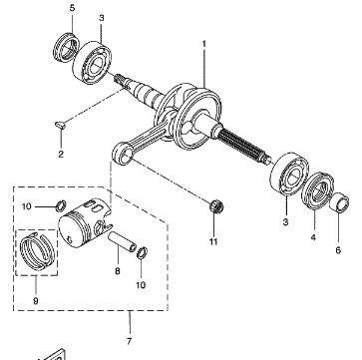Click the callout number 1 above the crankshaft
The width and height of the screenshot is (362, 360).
coord(204,44)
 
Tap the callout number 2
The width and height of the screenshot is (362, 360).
coord(61,155)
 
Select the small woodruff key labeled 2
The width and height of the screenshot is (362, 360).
coord(60,125)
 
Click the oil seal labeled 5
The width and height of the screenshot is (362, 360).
coord(67,47)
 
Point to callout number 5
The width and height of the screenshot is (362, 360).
coord(73,9)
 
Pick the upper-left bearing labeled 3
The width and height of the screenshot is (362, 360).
coord(92,62)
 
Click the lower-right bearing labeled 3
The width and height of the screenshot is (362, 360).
coord(289,175)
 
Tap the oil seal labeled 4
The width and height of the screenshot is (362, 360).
coord(317,191)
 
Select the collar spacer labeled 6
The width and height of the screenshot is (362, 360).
coord(339,203)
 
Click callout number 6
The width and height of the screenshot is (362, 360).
coord(338,250)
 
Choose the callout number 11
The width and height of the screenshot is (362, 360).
coord(213,241)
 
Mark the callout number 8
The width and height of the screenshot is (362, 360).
coord(118,271)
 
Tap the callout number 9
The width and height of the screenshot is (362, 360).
coord(36,301)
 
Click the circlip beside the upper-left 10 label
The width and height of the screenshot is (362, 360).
coord(61,206)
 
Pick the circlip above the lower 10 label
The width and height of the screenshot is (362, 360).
coord(143,253)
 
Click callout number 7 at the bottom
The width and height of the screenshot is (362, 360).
coord(130,341)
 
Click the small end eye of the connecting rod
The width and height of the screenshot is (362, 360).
coord(123,154)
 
